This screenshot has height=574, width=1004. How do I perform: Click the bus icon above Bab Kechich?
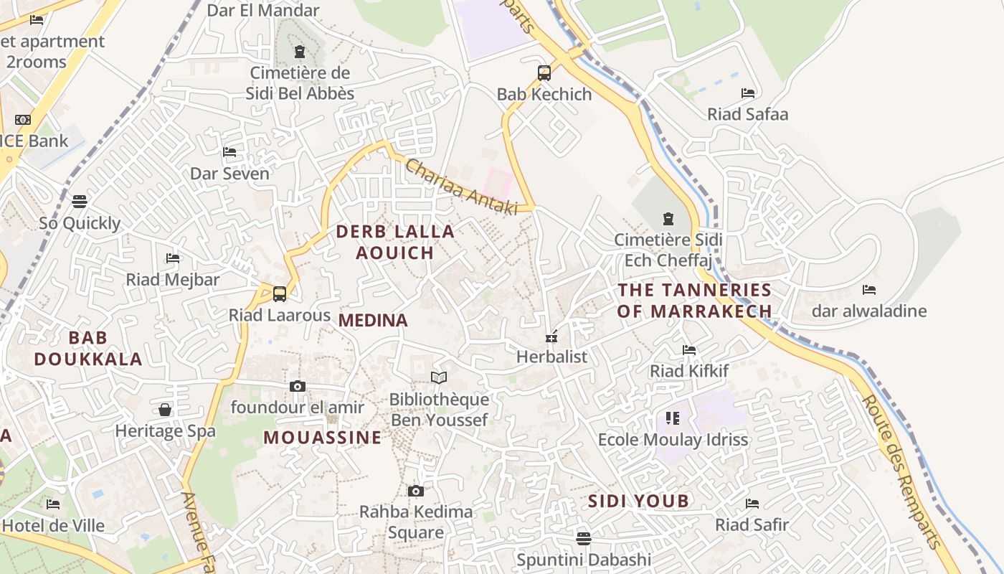pos(544,72)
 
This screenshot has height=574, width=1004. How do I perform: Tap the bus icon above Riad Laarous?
pos(280,293)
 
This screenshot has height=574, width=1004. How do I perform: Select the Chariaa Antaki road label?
pos(461,187)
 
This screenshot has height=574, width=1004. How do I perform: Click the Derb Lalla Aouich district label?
pos(395,242)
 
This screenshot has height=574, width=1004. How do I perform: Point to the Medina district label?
pos(373,321)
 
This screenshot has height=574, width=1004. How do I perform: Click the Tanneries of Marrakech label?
pos(694,301)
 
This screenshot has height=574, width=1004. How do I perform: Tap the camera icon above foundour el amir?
pos(298,386)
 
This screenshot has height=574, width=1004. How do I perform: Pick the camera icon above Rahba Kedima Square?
pos(415,491)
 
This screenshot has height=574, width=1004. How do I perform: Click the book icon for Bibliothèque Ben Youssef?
pos(439,377)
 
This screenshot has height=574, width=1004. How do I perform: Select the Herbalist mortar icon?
pos(551,335)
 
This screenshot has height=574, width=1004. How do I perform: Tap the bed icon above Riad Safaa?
pos(748,93)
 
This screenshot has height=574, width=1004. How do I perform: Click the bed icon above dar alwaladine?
pos(869,290)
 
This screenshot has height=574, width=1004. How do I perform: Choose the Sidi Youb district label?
pos(638,501)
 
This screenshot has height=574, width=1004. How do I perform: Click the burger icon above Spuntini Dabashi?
pos(584,538)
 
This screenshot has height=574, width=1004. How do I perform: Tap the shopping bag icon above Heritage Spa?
pos(165,410)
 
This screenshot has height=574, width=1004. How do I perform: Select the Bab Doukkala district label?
pos(88,348)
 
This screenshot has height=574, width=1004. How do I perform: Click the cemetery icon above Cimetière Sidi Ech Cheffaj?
pos(668,218)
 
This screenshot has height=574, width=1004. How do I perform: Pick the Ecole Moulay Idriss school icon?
pos(673,418)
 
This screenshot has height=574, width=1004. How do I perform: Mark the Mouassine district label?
pos(322,437)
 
